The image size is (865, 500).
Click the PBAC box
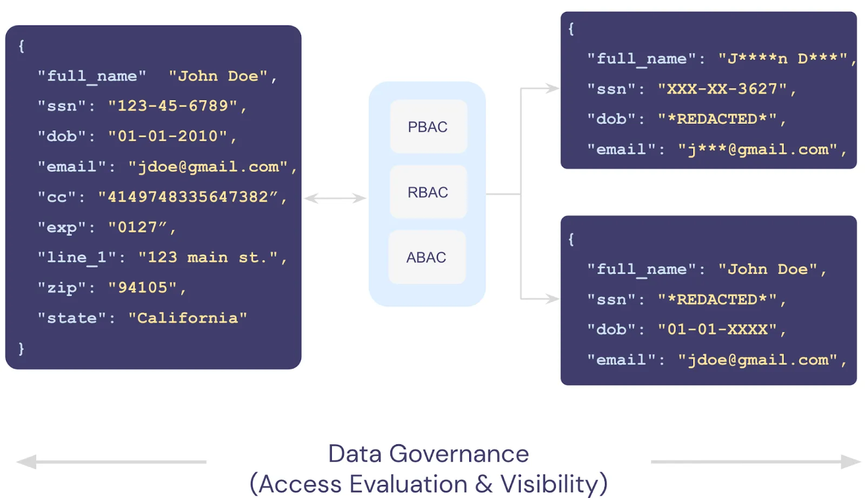coord(428,126)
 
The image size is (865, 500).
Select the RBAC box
coord(428,192)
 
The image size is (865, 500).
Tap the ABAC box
coord(427,257)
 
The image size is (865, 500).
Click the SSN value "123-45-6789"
coord(172,105)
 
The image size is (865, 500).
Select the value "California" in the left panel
coord(188,318)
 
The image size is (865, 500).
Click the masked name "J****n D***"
coord(782,58)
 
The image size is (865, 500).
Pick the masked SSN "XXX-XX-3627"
coord(722,89)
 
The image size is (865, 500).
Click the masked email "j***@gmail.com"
coord(757,149)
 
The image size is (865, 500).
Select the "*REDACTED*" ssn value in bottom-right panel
coord(717,299)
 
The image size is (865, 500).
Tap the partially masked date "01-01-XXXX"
coord(717,329)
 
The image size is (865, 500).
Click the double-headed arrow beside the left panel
coord(335,198)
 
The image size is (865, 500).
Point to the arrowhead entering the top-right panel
coord(552,88)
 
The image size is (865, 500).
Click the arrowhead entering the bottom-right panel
coord(552,298)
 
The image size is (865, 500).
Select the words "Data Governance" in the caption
coord(428,454)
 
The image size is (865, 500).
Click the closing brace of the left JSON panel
coord(21,348)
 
